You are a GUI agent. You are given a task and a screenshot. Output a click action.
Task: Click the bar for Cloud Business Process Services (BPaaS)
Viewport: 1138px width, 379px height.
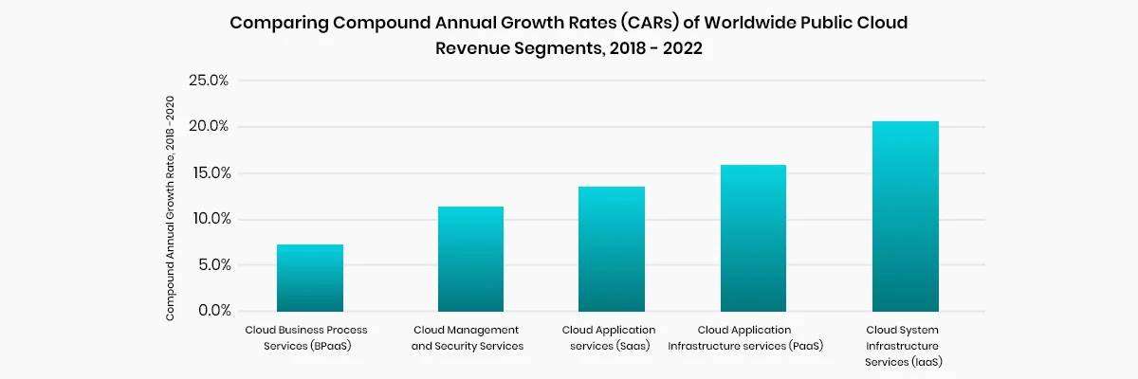tap(310, 279)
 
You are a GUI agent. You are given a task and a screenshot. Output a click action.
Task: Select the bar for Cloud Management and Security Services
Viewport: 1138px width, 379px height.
tap(470, 260)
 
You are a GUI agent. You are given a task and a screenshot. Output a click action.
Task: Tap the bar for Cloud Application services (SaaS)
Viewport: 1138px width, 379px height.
tap(612, 249)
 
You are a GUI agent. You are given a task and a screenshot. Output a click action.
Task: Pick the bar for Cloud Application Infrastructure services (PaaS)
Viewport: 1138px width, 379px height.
tap(753, 239)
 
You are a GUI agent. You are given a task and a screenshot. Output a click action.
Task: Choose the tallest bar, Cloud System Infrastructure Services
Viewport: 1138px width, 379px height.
tap(905, 217)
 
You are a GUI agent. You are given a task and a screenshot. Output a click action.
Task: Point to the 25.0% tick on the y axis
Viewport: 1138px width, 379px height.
tap(209, 81)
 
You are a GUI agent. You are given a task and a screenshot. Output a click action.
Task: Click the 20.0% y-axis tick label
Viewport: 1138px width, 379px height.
tap(209, 127)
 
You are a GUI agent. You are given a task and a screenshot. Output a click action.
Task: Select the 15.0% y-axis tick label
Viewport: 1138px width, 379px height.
tap(209, 173)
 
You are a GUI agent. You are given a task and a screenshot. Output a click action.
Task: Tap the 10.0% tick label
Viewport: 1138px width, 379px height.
tap(209, 219)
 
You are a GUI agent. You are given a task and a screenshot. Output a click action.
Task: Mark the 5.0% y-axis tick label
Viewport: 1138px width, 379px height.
tap(211, 265)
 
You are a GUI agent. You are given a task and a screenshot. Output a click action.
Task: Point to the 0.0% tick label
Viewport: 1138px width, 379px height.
tap(211, 311)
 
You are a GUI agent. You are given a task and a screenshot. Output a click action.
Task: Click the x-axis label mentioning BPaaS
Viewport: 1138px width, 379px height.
tap(306, 338)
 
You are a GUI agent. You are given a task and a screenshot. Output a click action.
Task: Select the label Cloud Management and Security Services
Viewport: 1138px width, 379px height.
tap(468, 338)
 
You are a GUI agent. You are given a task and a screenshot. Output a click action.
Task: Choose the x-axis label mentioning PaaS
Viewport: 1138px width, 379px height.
tap(745, 338)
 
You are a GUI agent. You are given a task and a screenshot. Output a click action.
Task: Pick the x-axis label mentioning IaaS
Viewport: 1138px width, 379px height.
tap(904, 346)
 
